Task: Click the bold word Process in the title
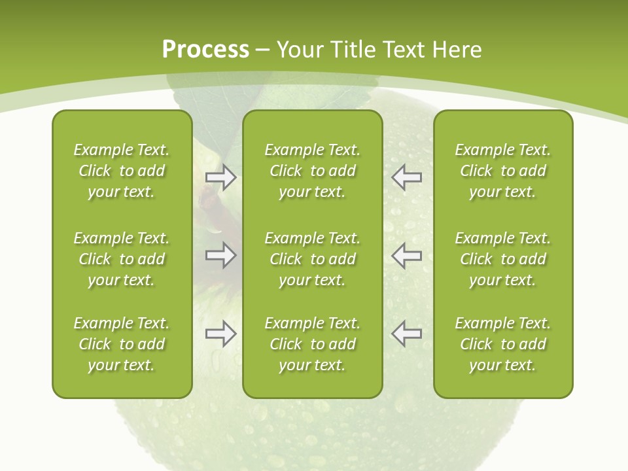point(205,49)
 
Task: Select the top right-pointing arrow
point(221,177)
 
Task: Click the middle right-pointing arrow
point(221,254)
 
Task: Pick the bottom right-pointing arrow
point(221,334)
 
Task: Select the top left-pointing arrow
point(407,177)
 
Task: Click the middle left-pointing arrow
point(407,254)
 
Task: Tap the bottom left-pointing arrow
point(407,334)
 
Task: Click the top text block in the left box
point(122,171)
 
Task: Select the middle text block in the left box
point(122,259)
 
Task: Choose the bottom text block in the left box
point(122,344)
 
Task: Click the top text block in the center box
point(312,171)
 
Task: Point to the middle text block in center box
point(312,259)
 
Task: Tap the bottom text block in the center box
point(312,344)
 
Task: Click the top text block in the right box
point(502,171)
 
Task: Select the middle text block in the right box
point(502,259)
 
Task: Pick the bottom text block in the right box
point(502,344)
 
